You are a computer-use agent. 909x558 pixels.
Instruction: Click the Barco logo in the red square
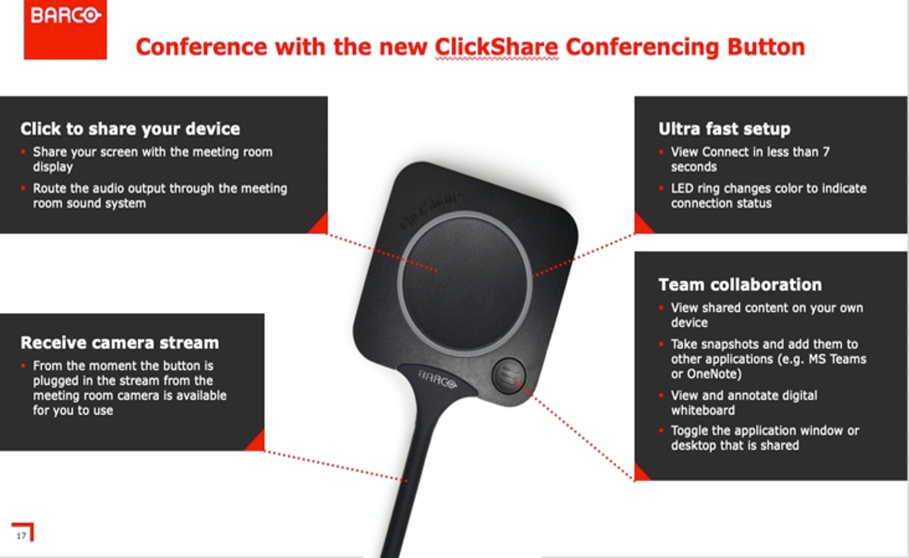[x=66, y=16]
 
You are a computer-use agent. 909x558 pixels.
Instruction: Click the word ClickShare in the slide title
[x=496, y=47]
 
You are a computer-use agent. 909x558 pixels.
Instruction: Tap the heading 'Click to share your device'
[x=130, y=129]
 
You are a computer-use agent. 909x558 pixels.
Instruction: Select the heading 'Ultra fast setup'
[x=724, y=129]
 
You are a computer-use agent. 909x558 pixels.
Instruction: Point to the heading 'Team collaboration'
[x=740, y=284]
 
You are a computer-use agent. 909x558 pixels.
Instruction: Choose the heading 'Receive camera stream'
[x=120, y=343]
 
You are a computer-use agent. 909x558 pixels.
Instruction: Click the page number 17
[x=21, y=535]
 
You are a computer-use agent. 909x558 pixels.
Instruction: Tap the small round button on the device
[x=508, y=376]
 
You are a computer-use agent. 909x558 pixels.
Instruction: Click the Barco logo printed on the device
[x=437, y=379]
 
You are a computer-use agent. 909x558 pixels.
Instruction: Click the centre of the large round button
[x=465, y=283]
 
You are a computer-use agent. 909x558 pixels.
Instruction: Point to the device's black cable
[x=410, y=479]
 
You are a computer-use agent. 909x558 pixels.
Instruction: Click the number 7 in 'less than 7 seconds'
[x=826, y=152]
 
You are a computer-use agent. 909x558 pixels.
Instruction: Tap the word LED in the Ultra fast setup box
[x=682, y=188]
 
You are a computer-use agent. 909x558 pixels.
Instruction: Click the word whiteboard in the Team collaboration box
[x=703, y=410]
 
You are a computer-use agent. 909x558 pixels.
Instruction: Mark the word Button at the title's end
[x=766, y=47]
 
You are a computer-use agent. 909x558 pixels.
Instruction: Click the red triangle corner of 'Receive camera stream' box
[x=257, y=442]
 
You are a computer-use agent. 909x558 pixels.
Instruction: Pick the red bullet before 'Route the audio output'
[x=23, y=188]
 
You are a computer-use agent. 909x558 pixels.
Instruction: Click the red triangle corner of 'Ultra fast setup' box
[x=642, y=225]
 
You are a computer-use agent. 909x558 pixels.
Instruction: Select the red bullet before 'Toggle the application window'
[x=661, y=430]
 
